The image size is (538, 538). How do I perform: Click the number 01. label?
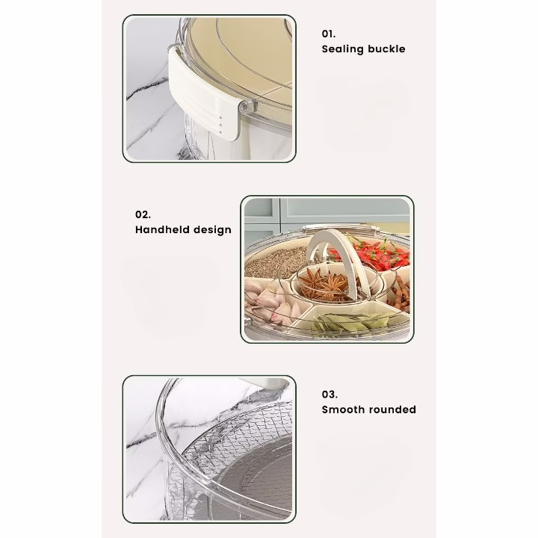328,34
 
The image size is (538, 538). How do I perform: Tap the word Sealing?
342,49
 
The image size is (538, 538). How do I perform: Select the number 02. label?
143,214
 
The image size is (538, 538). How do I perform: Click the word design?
213,230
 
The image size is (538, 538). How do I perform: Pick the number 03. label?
330,395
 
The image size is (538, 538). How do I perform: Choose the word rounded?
391,409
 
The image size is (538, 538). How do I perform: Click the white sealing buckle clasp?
202,94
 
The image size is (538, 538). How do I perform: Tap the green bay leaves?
347,324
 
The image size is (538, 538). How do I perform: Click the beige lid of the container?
240,58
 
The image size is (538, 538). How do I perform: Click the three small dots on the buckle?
221,126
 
